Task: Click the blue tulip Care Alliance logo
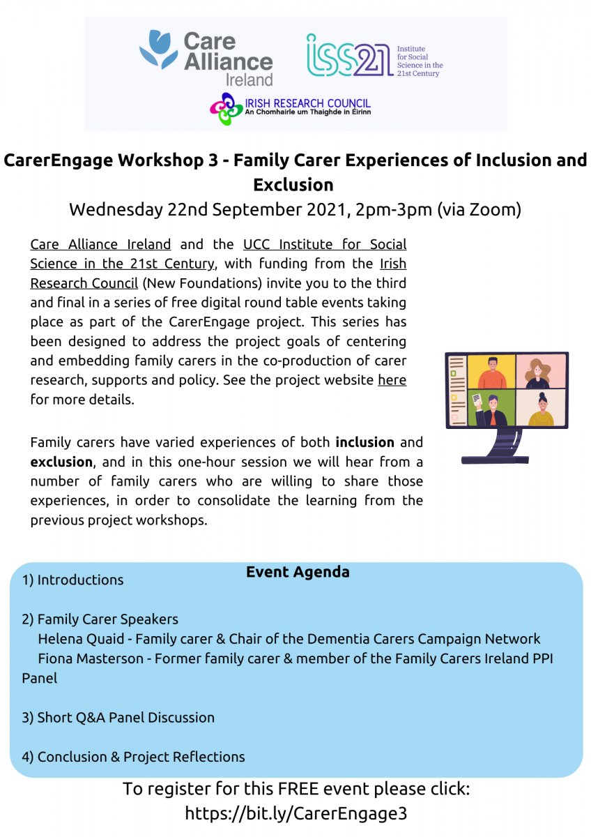(x=159, y=50)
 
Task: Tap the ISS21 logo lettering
(x=350, y=55)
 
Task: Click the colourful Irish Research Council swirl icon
(x=227, y=109)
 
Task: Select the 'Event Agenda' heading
(x=298, y=572)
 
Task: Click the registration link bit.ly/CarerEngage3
(x=295, y=813)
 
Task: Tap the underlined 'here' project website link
(x=392, y=379)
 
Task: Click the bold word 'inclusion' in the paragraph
(x=364, y=442)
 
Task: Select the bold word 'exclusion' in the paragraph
(x=61, y=462)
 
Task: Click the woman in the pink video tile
(x=537, y=373)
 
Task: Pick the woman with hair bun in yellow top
(x=542, y=409)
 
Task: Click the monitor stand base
(x=495, y=460)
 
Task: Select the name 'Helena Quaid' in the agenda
(x=81, y=639)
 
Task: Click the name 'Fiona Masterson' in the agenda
(x=91, y=658)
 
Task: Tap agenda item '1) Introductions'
(x=72, y=580)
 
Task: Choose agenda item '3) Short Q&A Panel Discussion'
(x=118, y=718)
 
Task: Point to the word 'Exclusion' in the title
(x=293, y=185)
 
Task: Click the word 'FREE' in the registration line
(x=298, y=789)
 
